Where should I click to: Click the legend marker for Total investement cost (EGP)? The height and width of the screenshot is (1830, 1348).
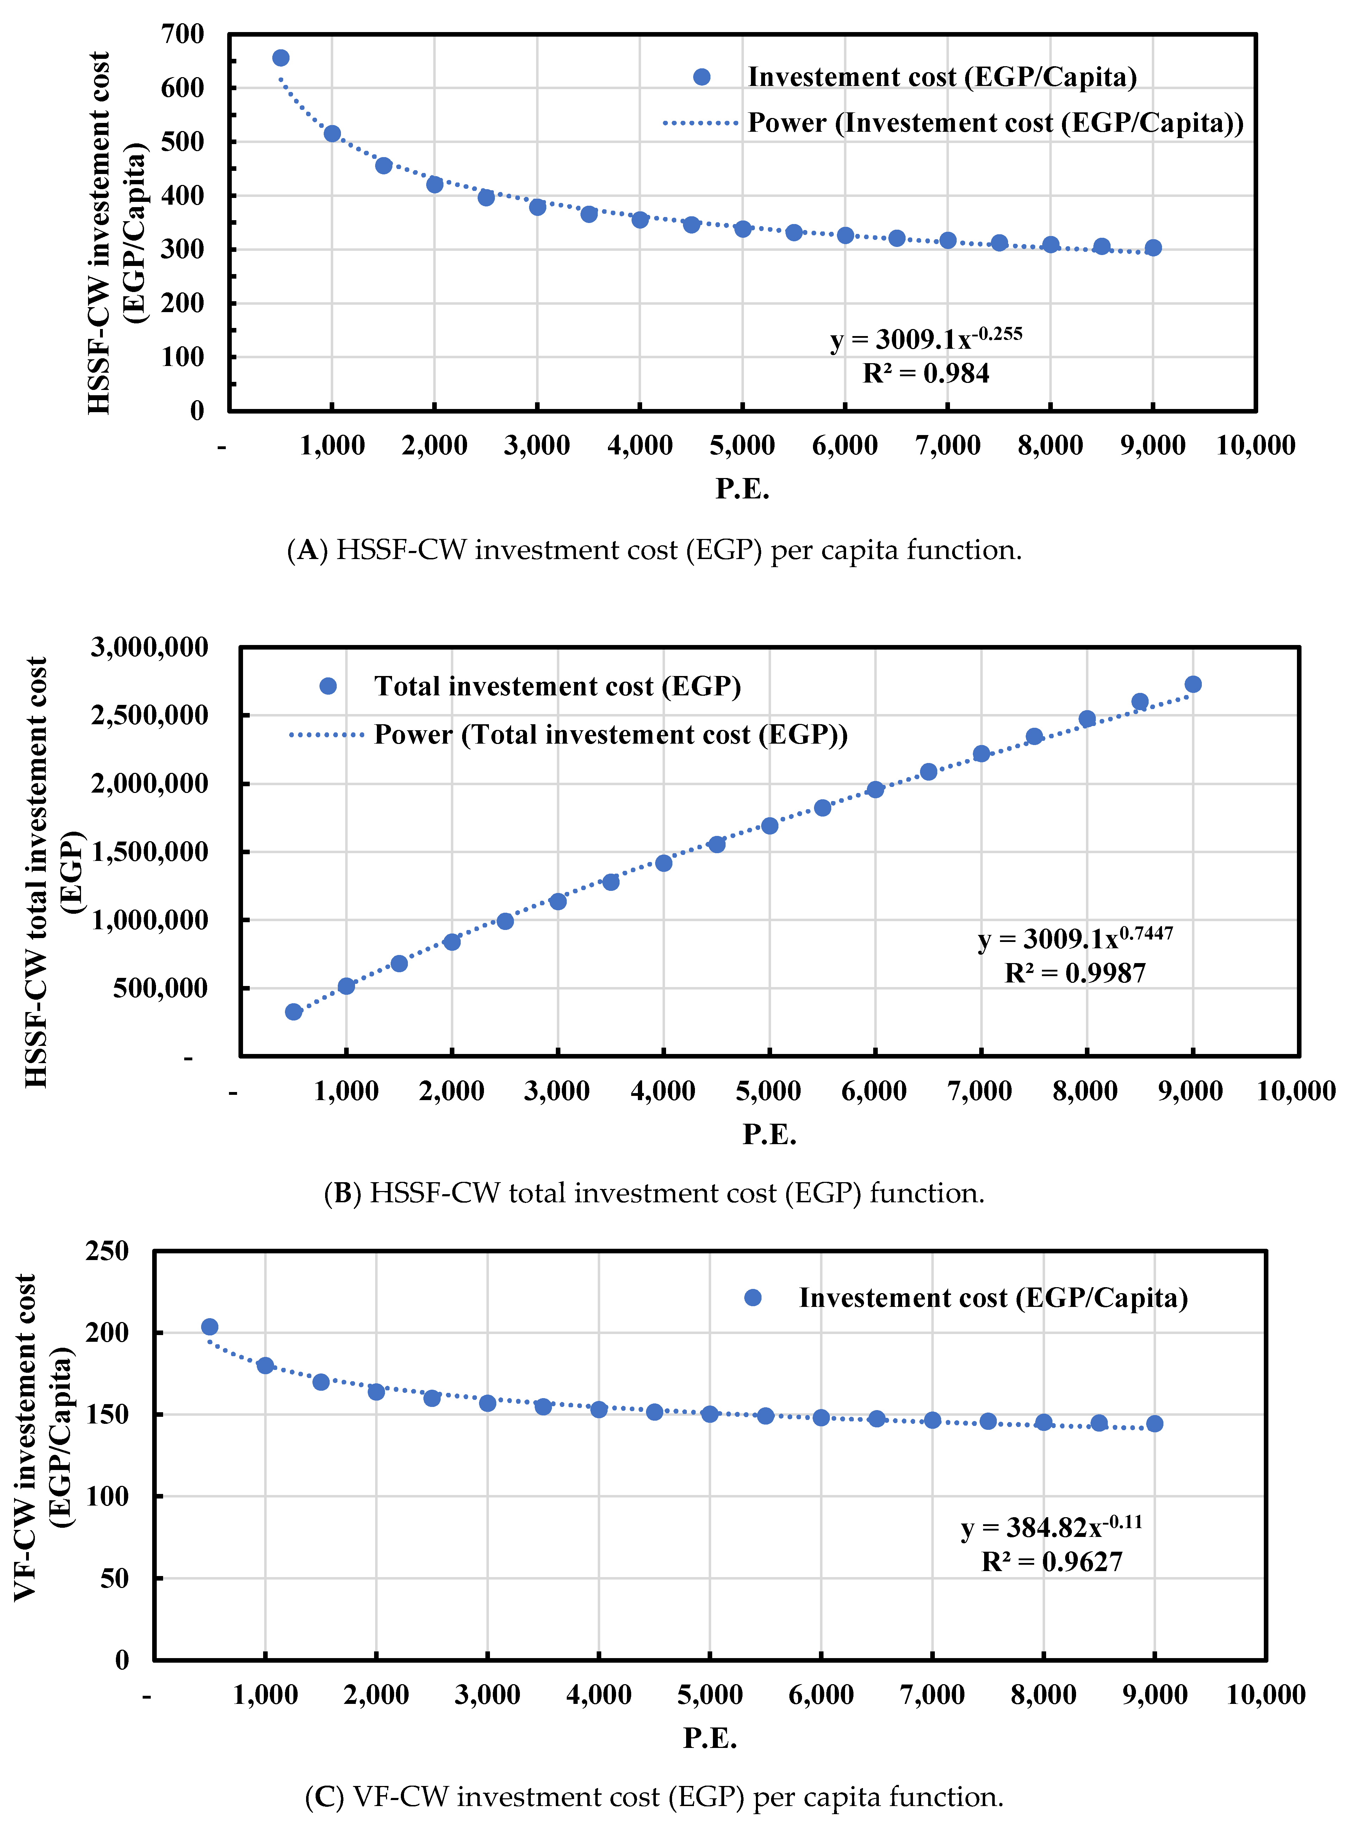[x=328, y=686]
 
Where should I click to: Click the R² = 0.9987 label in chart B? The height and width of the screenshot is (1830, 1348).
[x=1075, y=973]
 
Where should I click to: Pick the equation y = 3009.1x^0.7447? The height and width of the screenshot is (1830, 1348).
[x=1075, y=938]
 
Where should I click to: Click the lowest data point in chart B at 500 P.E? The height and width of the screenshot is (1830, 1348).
[x=294, y=1012]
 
